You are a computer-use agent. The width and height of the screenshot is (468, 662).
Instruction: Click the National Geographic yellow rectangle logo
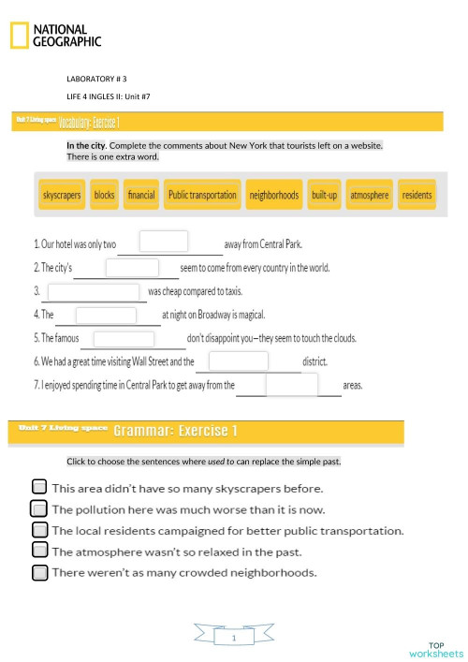tap(19, 36)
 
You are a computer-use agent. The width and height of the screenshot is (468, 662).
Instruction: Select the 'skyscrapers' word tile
tap(62, 195)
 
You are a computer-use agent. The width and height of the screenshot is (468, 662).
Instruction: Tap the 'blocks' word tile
tap(105, 195)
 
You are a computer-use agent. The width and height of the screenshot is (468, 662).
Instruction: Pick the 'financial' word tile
tap(141, 195)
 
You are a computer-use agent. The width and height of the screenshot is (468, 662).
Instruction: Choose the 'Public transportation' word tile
tap(202, 195)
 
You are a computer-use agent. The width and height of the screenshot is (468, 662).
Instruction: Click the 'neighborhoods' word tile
tap(274, 195)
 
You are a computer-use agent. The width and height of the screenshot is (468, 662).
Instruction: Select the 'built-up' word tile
tap(324, 195)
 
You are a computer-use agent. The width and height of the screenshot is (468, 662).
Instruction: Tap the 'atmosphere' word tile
tap(369, 195)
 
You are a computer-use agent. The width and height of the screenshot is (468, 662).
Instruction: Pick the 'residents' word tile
tap(417, 195)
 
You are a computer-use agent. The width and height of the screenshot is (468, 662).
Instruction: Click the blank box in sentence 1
tap(164, 242)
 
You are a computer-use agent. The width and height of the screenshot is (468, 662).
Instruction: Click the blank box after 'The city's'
tap(132, 268)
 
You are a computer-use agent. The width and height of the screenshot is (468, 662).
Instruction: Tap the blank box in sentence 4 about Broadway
tap(107, 315)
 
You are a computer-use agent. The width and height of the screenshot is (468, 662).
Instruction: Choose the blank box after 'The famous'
tap(124, 338)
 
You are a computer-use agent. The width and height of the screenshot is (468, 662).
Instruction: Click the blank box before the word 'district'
tap(238, 360)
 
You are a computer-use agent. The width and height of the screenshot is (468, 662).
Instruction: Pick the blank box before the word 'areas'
tap(291, 385)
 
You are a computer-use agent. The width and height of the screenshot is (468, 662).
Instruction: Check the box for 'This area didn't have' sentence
tap(38, 487)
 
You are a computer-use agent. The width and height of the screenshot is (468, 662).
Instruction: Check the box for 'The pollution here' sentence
tap(38, 508)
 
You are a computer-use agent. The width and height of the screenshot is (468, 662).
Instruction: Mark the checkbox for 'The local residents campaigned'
tap(38, 530)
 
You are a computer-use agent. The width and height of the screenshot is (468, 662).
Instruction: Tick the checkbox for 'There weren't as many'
tap(38, 572)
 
